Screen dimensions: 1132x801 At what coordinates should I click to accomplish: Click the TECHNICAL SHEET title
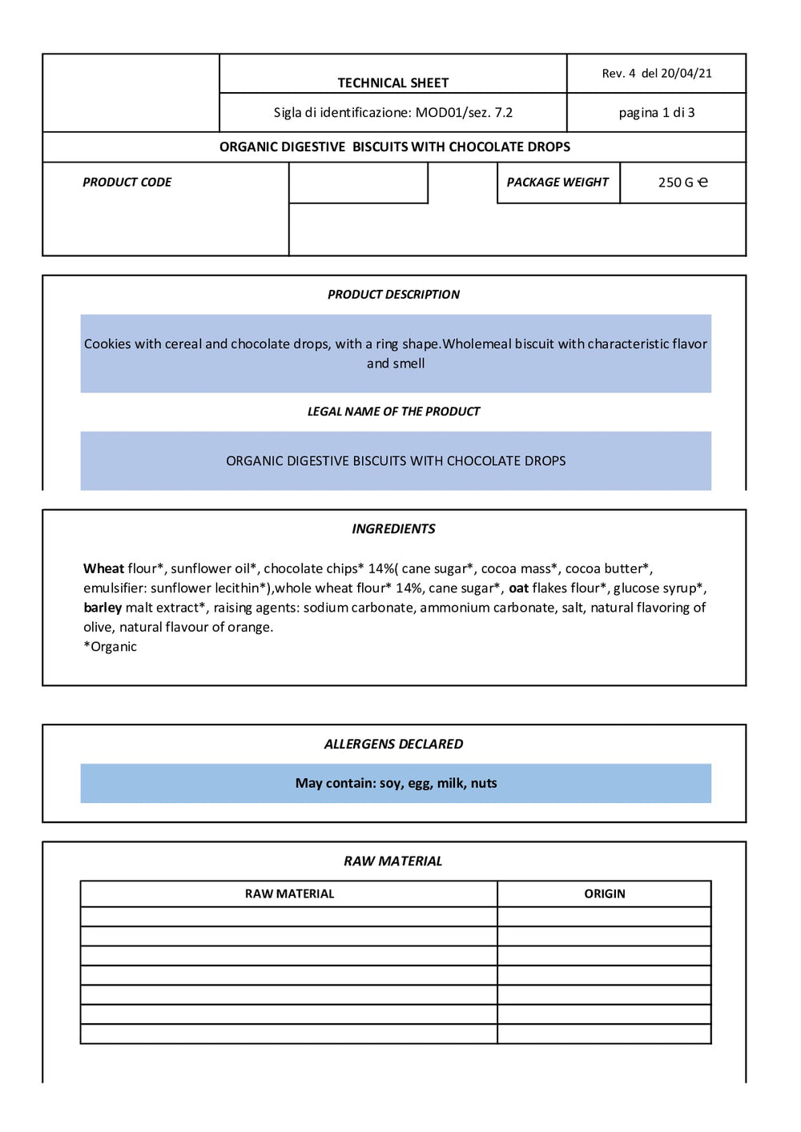pyautogui.click(x=392, y=82)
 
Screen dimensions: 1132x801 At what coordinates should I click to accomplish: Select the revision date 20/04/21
pyautogui.click(x=686, y=74)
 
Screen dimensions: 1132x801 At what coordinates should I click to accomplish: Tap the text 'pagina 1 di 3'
pyautogui.click(x=656, y=113)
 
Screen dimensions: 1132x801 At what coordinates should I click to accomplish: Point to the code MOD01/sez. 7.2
pyautogui.click(x=464, y=113)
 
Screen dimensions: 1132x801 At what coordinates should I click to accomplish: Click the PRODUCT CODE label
pyautogui.click(x=127, y=183)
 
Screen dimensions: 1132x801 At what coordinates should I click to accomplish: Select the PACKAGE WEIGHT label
pyautogui.click(x=557, y=183)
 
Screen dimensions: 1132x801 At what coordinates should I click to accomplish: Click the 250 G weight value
pyautogui.click(x=676, y=183)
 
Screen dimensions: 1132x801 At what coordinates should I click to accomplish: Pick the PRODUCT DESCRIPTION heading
pyautogui.click(x=393, y=295)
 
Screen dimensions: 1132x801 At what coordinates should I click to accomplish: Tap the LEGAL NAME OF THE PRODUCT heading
pyautogui.click(x=393, y=411)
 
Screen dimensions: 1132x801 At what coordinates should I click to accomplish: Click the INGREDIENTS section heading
pyautogui.click(x=393, y=529)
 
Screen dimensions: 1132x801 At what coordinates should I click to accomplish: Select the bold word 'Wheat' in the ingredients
pyautogui.click(x=103, y=568)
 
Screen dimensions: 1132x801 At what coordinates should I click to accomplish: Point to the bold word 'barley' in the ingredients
pyautogui.click(x=103, y=608)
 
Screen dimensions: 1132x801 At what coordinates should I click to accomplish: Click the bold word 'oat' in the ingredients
pyautogui.click(x=518, y=588)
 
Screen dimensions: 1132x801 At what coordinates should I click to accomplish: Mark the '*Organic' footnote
pyautogui.click(x=110, y=647)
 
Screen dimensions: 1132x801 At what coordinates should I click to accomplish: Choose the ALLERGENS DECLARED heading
pyautogui.click(x=393, y=745)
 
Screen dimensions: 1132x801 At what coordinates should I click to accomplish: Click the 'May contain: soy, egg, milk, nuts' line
pyautogui.click(x=396, y=783)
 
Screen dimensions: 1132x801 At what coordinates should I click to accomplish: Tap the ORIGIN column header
pyautogui.click(x=604, y=894)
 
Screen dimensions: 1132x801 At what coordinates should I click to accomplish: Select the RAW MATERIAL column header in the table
pyautogui.click(x=289, y=894)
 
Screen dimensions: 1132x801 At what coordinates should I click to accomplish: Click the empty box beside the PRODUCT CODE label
pyautogui.click(x=358, y=183)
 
